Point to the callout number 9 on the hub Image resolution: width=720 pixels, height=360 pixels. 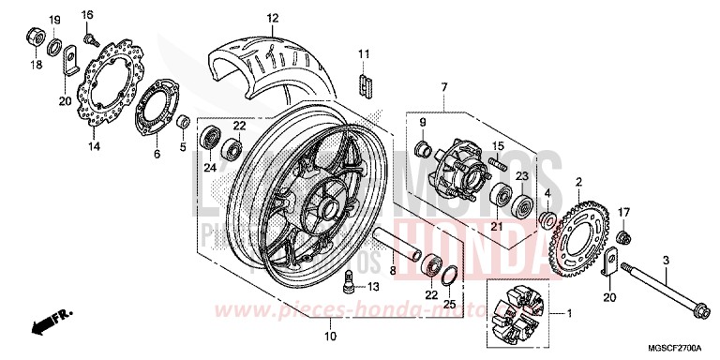pos(423,123)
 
